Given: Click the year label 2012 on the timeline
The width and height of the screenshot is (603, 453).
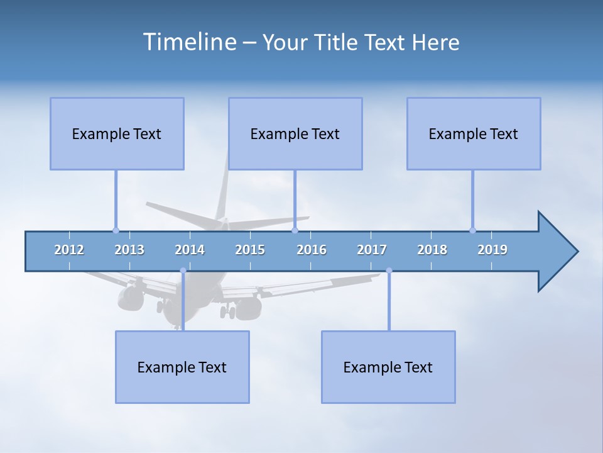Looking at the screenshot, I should click(x=69, y=250).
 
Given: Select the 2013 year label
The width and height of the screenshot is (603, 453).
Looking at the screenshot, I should click(x=129, y=250).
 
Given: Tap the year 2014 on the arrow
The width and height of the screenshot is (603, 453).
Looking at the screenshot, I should click(x=190, y=250).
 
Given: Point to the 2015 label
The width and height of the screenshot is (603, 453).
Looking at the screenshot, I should click(x=250, y=250).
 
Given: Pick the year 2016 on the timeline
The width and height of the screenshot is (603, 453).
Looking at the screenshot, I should click(x=312, y=250).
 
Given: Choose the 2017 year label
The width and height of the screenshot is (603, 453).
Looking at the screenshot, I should click(x=372, y=250).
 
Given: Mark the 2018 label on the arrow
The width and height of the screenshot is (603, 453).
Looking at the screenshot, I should click(x=432, y=250).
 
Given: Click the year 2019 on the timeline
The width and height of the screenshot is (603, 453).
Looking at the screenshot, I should click(x=492, y=250).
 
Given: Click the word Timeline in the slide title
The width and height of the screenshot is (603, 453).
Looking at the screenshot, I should click(x=188, y=42).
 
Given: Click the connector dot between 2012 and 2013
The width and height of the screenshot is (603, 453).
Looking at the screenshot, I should click(x=116, y=230).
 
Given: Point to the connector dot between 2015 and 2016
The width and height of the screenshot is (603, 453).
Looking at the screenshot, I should click(x=295, y=230).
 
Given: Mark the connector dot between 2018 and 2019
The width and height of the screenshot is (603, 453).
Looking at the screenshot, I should click(x=472, y=230).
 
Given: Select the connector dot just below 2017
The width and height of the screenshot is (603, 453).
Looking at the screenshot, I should click(x=389, y=271).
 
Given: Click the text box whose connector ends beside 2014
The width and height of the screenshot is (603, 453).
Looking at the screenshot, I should click(x=182, y=367).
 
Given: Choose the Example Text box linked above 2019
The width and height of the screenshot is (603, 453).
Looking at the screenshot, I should click(x=474, y=133).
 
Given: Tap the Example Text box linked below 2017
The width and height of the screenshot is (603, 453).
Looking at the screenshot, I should click(x=388, y=367).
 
